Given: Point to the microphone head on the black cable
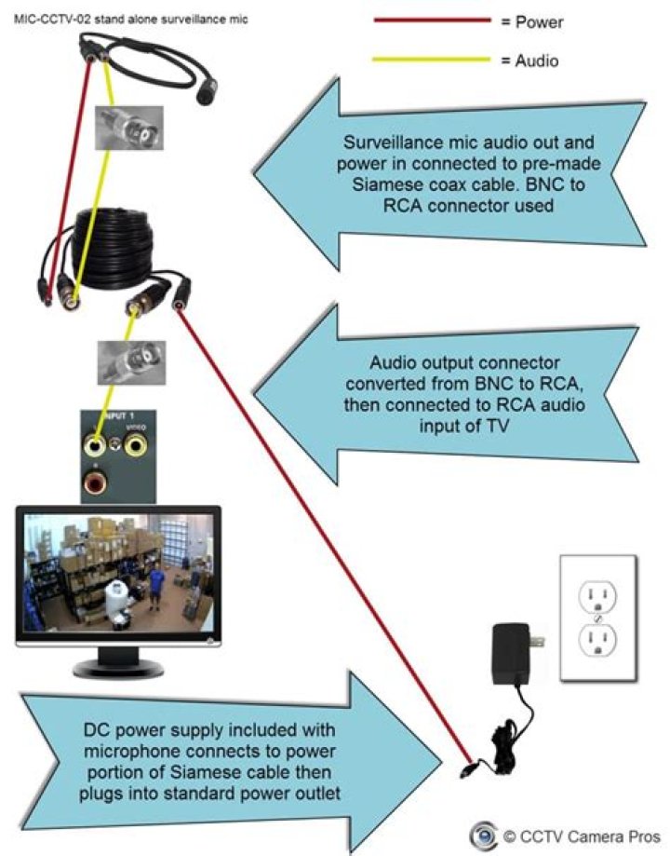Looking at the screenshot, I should pyautogui.click(x=208, y=91).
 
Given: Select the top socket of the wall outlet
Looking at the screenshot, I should pyautogui.click(x=597, y=595).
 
